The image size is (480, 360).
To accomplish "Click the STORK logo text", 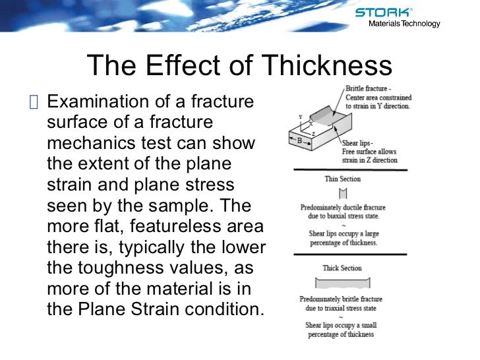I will coord(383,12).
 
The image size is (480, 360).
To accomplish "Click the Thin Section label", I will coord(342,179).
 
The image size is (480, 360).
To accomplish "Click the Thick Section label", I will coord(342,268).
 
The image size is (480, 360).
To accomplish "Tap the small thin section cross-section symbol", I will coord(342,194).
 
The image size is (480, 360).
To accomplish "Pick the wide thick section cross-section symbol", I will coord(342,283).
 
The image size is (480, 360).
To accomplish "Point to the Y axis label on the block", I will coord(301,117).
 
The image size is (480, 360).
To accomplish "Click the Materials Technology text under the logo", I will coord(404,24).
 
